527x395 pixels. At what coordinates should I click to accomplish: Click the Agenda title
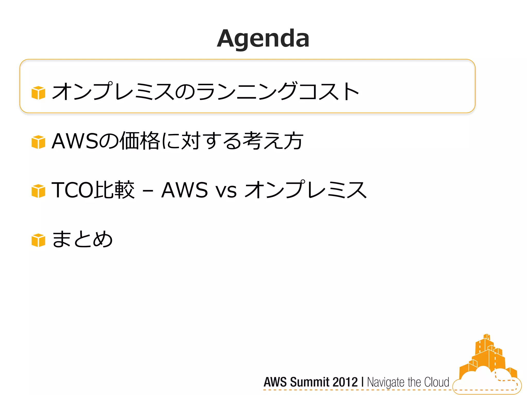(x=263, y=39)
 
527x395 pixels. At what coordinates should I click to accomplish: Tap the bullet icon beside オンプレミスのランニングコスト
(x=38, y=93)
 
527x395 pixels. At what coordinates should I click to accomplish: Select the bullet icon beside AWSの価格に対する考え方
(x=38, y=142)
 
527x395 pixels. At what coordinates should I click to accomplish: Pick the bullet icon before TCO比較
(x=38, y=191)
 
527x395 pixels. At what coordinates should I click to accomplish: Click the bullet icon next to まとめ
(x=38, y=240)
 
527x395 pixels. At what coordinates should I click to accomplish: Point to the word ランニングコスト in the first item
(x=278, y=91)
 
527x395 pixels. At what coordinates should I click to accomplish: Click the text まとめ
(x=82, y=239)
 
